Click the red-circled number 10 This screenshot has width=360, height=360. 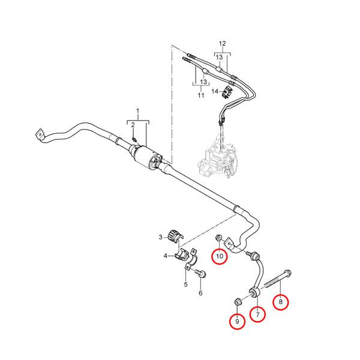[x=220, y=256]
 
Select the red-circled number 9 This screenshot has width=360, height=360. [x=238, y=322]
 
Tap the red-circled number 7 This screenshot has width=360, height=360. [x=257, y=314]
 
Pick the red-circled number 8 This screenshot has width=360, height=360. [x=281, y=302]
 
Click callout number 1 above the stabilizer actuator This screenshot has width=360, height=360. [x=138, y=112]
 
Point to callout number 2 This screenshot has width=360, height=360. [x=133, y=125]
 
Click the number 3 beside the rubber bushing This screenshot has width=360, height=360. [x=160, y=237]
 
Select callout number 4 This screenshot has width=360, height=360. [x=166, y=256]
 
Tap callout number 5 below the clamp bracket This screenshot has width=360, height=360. [x=186, y=284]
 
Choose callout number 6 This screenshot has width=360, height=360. [x=200, y=293]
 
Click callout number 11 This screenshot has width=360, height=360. [x=201, y=95]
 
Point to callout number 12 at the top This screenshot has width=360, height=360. [x=222, y=43]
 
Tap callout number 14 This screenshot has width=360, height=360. [x=215, y=91]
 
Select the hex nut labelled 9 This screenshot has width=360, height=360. [x=238, y=301]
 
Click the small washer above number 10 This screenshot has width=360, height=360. [x=218, y=238]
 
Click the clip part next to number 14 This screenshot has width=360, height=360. [x=227, y=92]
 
